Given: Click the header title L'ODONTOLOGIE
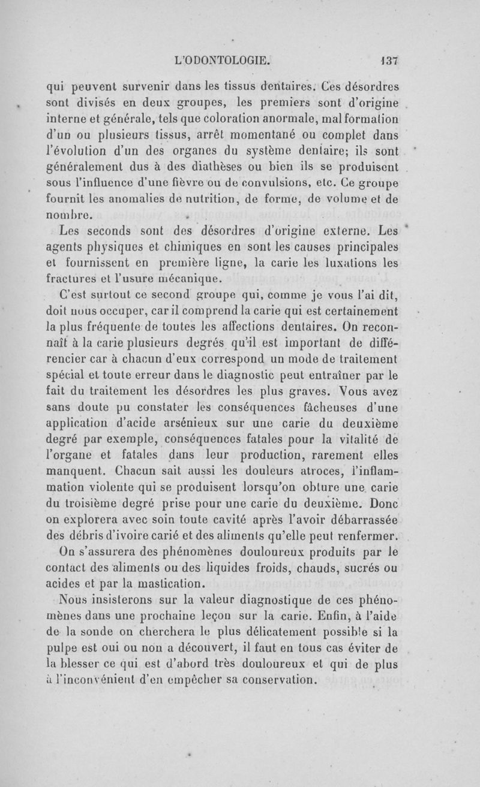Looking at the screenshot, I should pyautogui.click(x=222, y=60).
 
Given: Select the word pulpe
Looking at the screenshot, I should pyautogui.click(x=64, y=648).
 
